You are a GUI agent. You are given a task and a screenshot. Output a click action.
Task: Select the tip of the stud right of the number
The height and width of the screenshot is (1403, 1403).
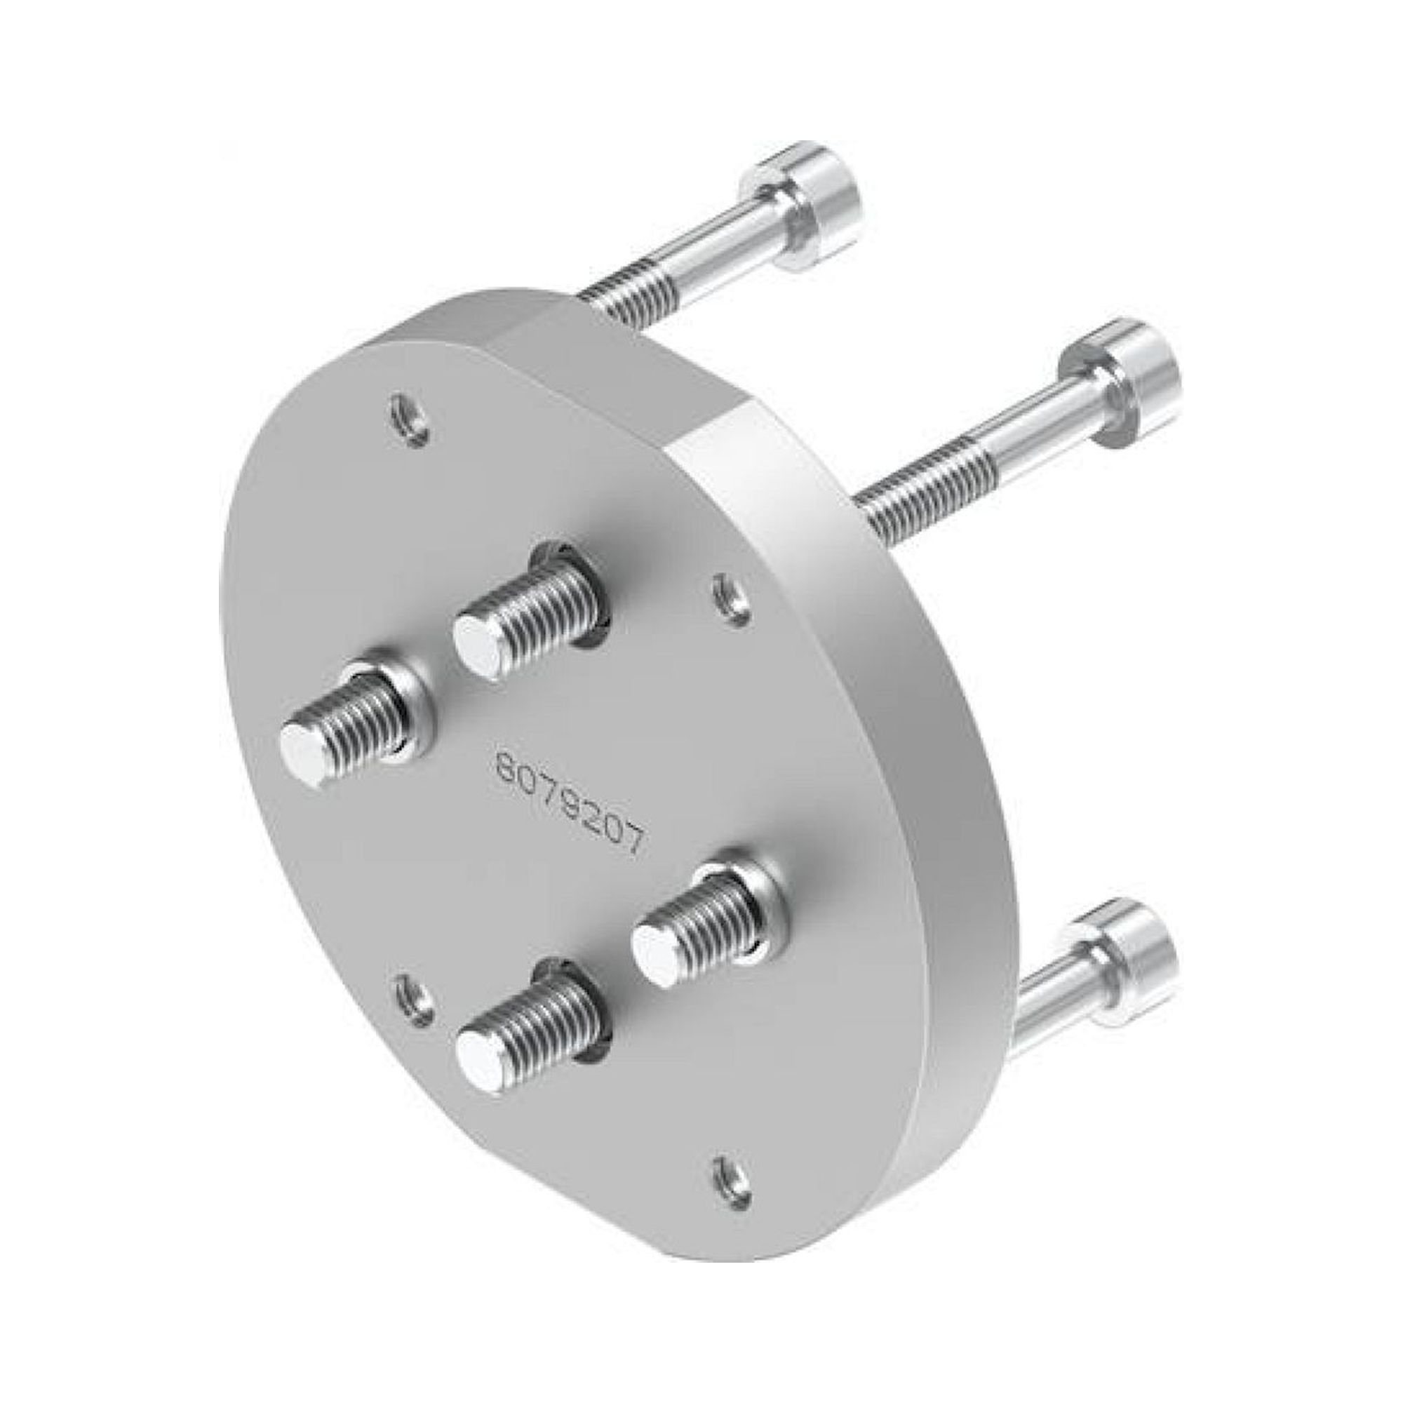[x=654, y=960]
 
